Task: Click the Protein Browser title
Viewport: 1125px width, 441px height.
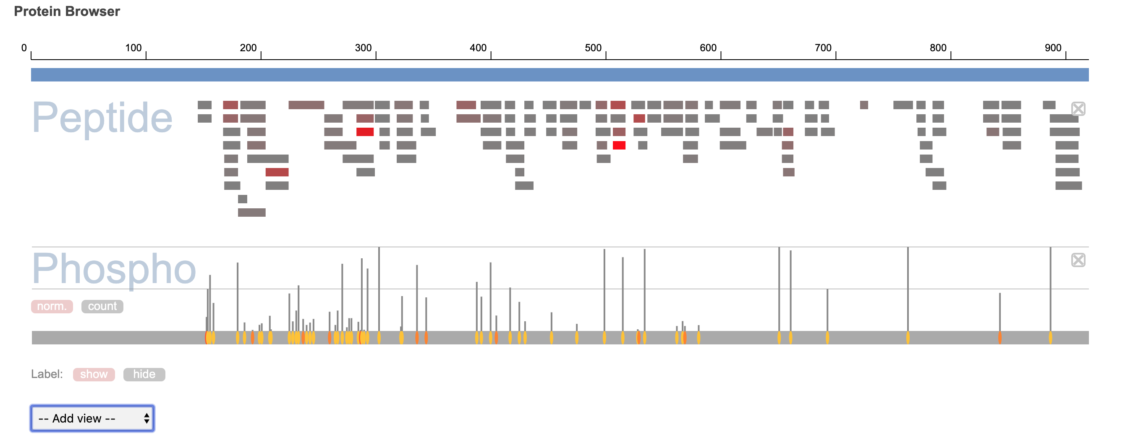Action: click(67, 11)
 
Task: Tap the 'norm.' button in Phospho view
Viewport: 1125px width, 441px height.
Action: click(52, 306)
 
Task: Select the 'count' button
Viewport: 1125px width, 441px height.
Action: click(102, 306)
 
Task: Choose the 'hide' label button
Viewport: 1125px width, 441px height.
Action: click(144, 375)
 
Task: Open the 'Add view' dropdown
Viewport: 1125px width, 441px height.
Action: click(92, 418)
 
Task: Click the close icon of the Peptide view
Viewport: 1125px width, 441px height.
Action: click(1078, 109)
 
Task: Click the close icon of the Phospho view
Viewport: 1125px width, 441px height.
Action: click(1078, 260)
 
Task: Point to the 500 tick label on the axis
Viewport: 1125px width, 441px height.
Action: click(593, 48)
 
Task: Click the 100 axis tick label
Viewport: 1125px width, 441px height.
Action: click(133, 48)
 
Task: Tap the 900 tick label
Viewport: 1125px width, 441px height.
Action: click(1052, 48)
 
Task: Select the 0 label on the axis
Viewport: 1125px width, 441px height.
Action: click(24, 48)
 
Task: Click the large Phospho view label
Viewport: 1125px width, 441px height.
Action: click(113, 268)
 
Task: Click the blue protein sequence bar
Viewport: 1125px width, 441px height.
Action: click(560, 75)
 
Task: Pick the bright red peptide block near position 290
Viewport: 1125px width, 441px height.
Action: click(365, 132)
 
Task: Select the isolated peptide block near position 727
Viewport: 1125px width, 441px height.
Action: click(863, 105)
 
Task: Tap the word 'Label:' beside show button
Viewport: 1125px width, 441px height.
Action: click(47, 375)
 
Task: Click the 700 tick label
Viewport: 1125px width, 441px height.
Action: click(823, 48)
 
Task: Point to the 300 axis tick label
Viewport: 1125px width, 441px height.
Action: click(363, 48)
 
